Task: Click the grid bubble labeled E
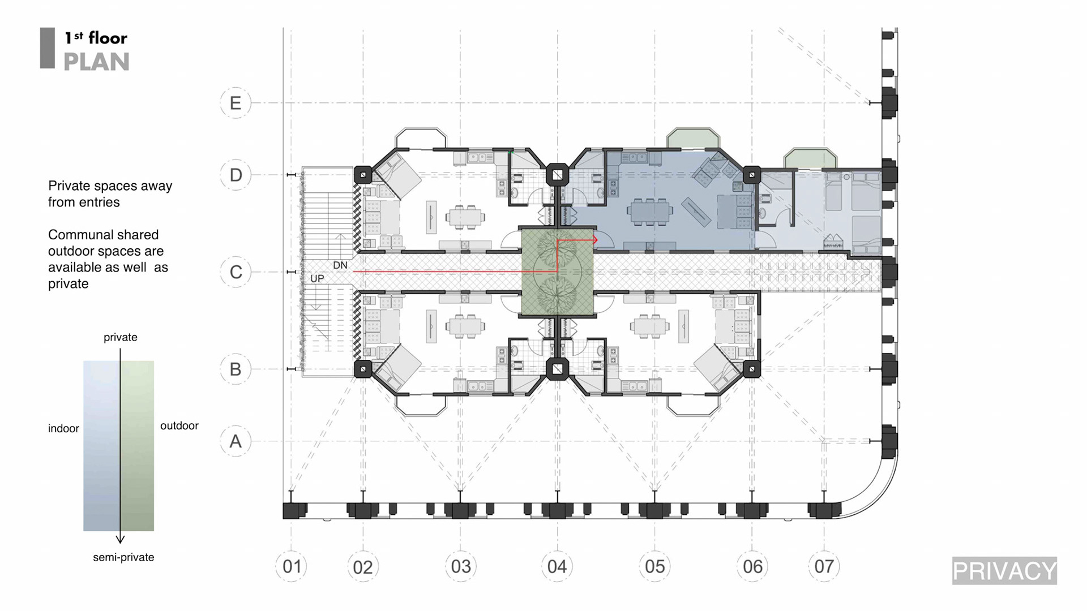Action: pyautogui.click(x=236, y=103)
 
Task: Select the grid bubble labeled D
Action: pyautogui.click(x=236, y=175)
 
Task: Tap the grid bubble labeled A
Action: pyautogui.click(x=236, y=441)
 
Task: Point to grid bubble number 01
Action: pyautogui.click(x=292, y=566)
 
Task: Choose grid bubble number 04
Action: pyautogui.click(x=557, y=566)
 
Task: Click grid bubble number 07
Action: pyautogui.click(x=824, y=566)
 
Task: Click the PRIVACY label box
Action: pyautogui.click(x=1004, y=571)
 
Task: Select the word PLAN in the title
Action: pyautogui.click(x=96, y=62)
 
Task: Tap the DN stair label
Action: pyautogui.click(x=340, y=265)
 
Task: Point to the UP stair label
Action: pyautogui.click(x=317, y=278)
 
